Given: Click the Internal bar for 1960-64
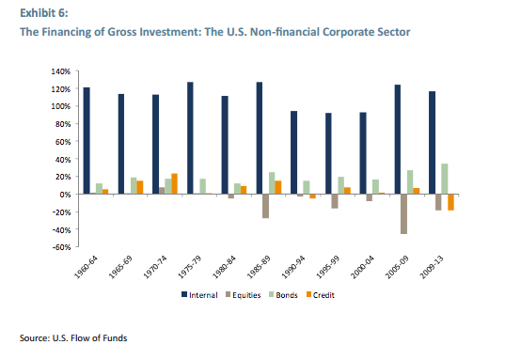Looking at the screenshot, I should pos(87,141).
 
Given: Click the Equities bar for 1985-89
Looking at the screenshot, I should pos(266,206).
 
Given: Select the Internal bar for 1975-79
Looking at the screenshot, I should pos(190,138).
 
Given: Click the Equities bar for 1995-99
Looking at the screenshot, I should pos(334,200).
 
